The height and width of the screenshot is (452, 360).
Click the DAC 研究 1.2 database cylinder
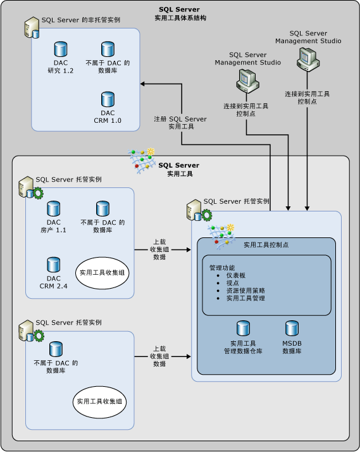61,49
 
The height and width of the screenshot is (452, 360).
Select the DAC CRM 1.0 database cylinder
108,99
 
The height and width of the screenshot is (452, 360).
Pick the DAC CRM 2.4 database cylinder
54,264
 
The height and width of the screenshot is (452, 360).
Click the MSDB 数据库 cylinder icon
292,328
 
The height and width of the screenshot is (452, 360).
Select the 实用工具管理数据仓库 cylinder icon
242,328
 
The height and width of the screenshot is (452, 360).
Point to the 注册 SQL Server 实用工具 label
180,122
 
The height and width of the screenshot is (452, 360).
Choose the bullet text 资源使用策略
245,291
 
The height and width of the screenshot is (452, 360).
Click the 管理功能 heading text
222,268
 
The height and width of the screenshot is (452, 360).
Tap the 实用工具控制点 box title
266,244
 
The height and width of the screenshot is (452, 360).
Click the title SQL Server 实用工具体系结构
180,13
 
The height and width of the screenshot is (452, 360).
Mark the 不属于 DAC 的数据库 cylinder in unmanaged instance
108,49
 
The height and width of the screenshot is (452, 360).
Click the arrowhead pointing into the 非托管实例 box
144,83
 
